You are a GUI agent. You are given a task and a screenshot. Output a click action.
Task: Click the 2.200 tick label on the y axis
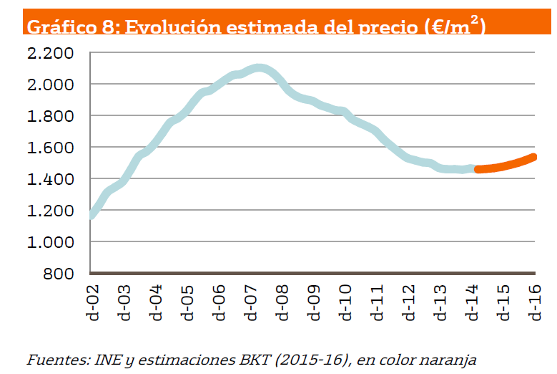[x=50, y=54]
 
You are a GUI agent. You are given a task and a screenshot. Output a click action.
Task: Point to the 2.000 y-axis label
[x=50, y=85]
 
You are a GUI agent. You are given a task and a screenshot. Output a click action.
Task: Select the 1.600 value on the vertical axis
[x=50, y=148]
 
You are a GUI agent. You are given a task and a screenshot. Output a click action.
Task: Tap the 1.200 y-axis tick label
[x=50, y=211]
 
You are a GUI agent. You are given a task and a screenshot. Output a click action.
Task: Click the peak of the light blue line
[x=259, y=69]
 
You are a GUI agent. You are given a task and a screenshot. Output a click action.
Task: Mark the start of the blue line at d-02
[x=91, y=214]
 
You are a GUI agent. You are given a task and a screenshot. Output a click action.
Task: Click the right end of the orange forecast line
[x=533, y=157]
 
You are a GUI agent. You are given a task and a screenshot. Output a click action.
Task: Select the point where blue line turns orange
[x=475, y=169]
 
